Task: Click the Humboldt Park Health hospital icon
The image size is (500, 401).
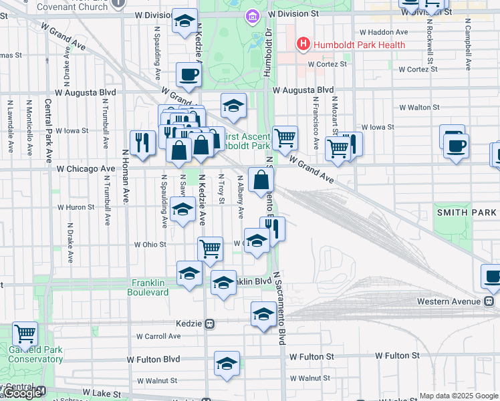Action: coord(303,45)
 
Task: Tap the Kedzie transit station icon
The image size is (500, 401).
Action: coord(209,323)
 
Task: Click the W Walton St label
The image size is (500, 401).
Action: coord(419,107)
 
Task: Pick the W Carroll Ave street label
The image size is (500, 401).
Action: coord(158,337)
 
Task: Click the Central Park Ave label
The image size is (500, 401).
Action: coord(48,132)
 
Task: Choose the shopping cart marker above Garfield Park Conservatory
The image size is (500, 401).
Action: coord(25,332)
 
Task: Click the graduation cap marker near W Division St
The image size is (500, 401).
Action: coord(184,21)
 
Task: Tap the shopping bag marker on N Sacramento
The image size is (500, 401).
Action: coord(261,179)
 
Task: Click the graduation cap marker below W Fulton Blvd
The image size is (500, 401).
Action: coord(227,364)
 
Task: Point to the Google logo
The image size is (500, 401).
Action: coord(21,394)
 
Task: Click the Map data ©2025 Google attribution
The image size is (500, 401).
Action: coord(459,396)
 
